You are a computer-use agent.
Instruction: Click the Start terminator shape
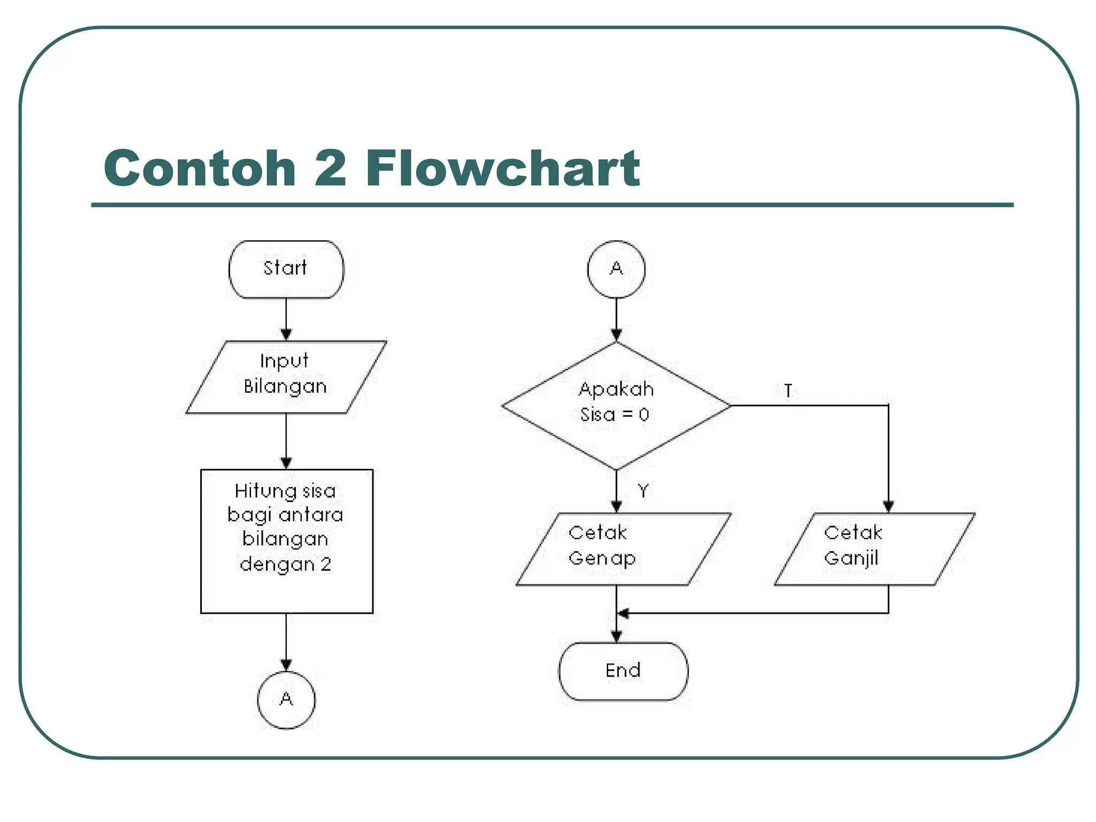(286, 269)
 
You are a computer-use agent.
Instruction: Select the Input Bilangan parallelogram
(286, 377)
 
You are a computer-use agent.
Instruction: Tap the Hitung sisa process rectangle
(286, 541)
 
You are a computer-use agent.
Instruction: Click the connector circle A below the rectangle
(286, 699)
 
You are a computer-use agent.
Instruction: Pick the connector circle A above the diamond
(616, 269)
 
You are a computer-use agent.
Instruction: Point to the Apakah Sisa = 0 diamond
(616, 405)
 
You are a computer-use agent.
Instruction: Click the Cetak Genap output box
(623, 549)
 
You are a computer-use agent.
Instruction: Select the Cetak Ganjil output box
(874, 549)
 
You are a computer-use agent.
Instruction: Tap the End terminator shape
(623, 671)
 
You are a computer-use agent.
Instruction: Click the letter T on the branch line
(788, 391)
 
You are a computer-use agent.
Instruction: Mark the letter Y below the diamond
(643, 490)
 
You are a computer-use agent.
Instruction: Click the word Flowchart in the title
(503, 168)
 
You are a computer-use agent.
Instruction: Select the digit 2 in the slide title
(330, 168)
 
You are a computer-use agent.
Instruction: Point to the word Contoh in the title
(200, 168)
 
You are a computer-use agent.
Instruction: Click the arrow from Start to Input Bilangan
(286, 319)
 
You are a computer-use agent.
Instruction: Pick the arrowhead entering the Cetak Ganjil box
(888, 505)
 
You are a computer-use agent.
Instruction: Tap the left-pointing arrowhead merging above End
(623, 613)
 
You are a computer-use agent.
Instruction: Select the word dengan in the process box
(277, 565)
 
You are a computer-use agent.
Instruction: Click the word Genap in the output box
(602, 558)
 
